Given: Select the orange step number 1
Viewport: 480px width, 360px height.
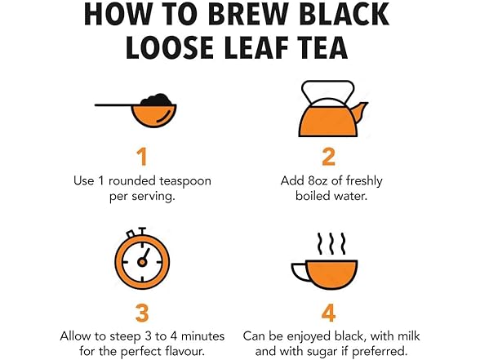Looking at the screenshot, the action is click(x=142, y=157).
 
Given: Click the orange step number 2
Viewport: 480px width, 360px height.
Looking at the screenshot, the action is click(x=328, y=157).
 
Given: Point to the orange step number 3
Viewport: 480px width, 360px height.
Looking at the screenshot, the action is click(x=142, y=313).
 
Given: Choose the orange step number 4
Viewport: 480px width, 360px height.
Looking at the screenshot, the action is click(x=328, y=313).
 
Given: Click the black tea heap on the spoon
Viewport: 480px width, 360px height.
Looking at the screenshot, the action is click(x=157, y=100).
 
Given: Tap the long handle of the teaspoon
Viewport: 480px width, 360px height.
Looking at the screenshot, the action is click(x=113, y=105).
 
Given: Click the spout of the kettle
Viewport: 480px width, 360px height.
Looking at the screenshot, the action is click(x=360, y=112).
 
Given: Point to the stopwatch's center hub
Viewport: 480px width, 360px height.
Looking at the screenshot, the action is click(x=142, y=262).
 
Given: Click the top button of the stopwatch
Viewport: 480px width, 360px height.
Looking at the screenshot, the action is click(x=142, y=230).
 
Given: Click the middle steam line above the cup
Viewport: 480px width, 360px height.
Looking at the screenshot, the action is click(x=331, y=243).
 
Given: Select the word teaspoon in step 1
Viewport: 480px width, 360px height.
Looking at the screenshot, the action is click(x=185, y=180).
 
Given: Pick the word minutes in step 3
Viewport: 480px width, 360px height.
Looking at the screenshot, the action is click(x=202, y=336).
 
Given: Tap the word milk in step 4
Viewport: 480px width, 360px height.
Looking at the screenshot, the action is click(x=408, y=336).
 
